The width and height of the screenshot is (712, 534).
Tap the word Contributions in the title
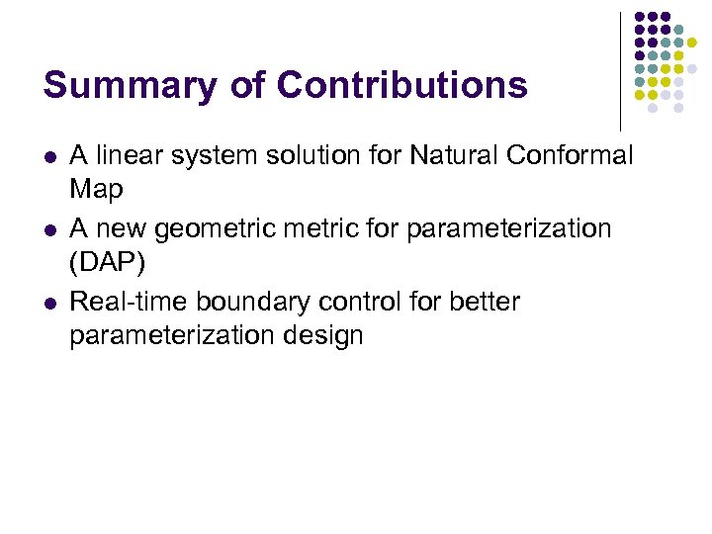pos(402,85)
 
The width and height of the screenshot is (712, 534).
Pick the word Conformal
pos(574,155)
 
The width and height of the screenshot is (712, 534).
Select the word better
pos(485,302)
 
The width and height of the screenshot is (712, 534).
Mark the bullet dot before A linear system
pos(48,156)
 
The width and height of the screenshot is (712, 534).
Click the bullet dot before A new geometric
pos(48,229)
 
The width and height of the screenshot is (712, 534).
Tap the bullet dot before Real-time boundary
pos(48,303)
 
